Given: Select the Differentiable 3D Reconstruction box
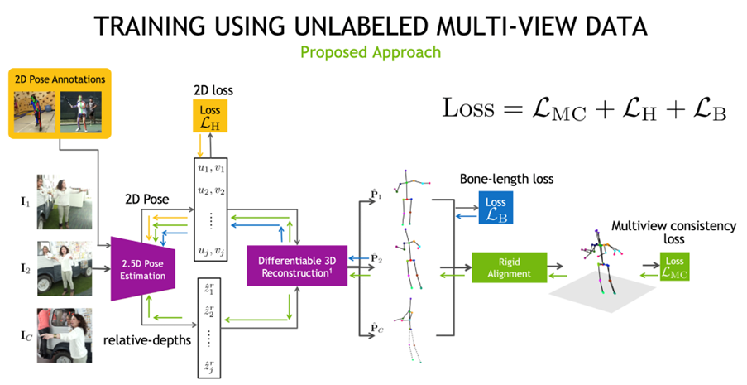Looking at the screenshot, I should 296,268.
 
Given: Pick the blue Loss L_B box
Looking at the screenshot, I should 496,208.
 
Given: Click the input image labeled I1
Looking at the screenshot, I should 64,201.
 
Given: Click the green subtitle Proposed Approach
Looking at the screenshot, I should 370,52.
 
